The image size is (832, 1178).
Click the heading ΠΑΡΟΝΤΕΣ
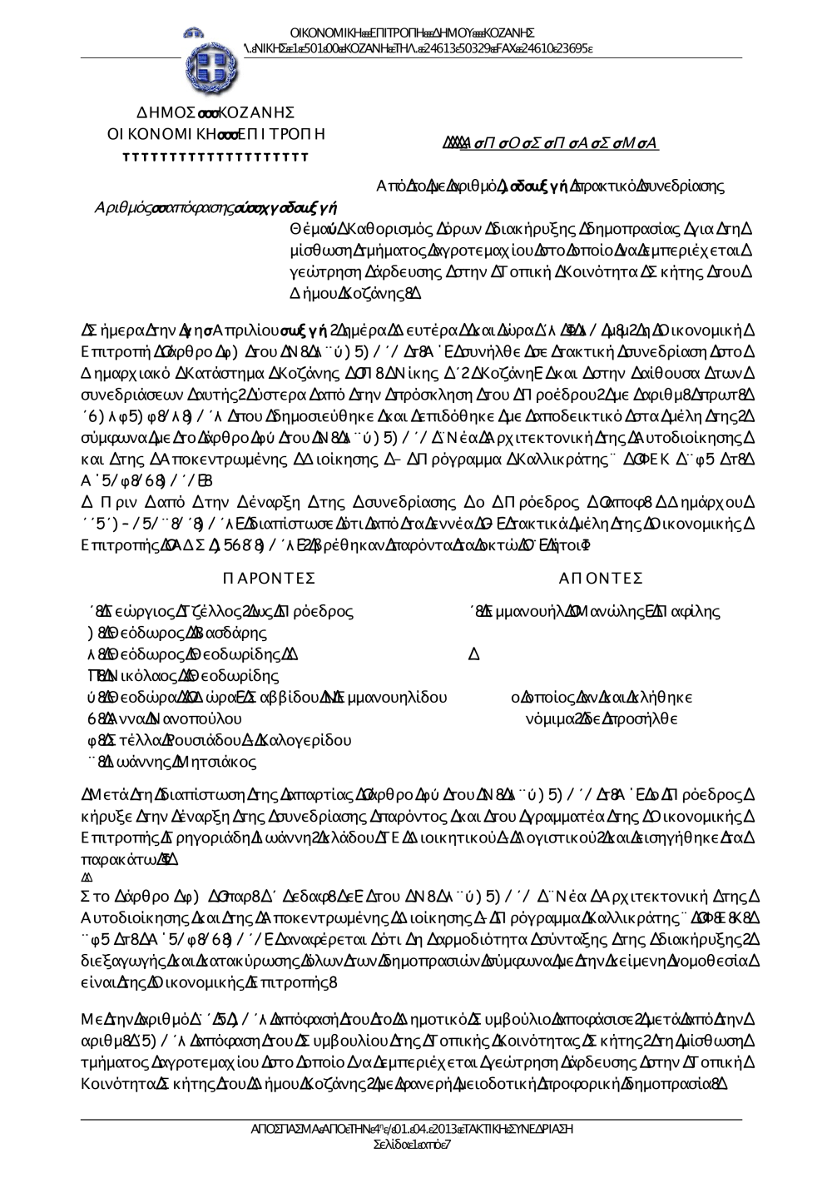[x=269, y=579]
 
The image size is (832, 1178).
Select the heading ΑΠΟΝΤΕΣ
[x=601, y=579]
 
